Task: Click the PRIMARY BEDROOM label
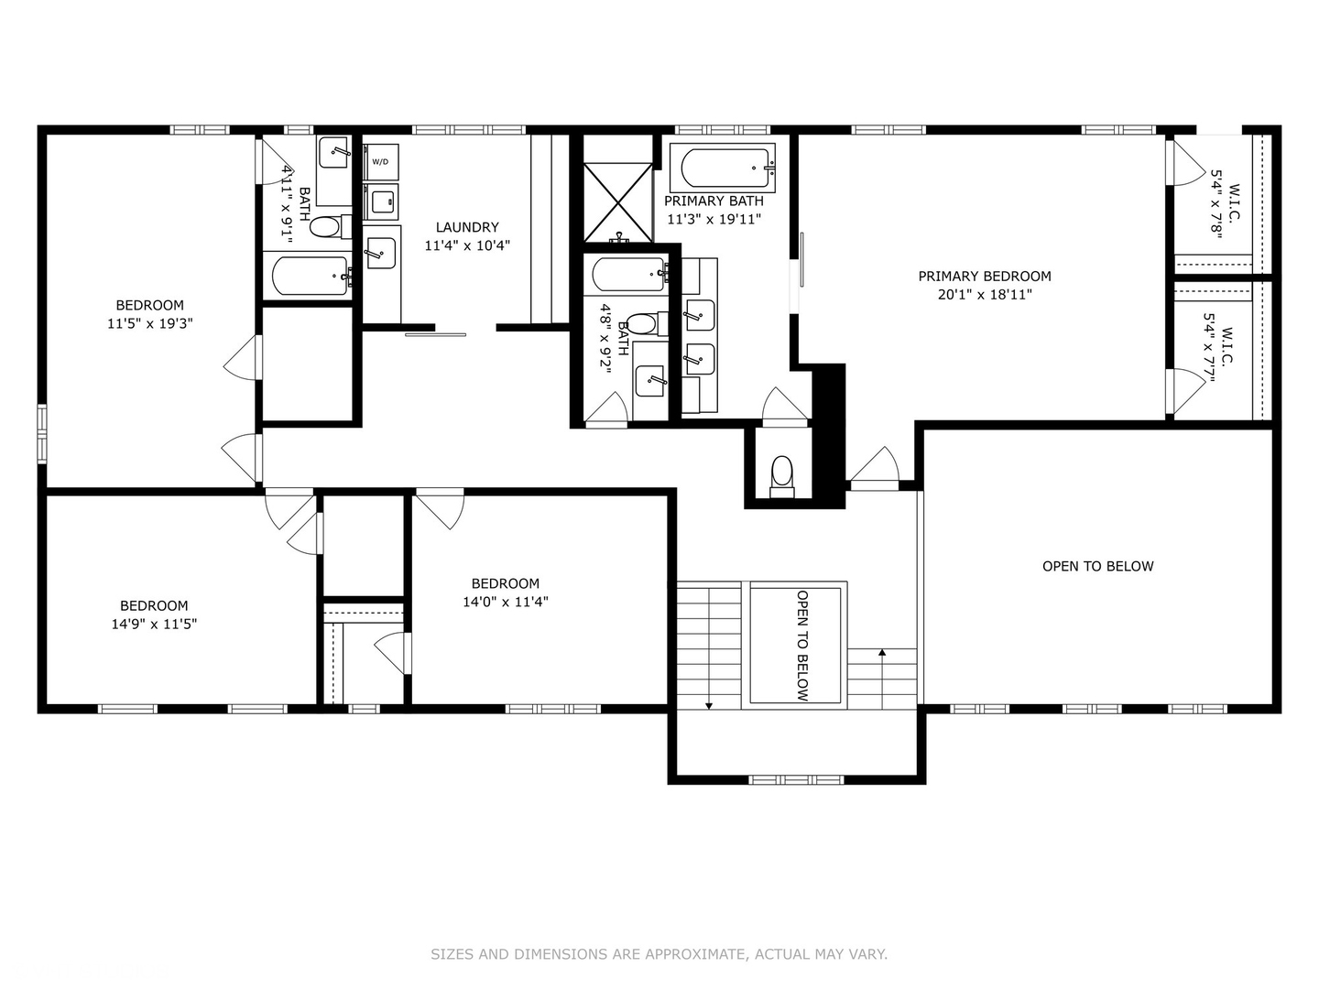[x=985, y=276]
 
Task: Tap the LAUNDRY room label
[x=467, y=227]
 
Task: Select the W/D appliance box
[x=380, y=162]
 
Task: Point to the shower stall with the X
[x=618, y=201]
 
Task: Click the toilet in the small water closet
[x=781, y=474]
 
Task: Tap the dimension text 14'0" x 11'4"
[x=505, y=602]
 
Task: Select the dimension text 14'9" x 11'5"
[x=154, y=624]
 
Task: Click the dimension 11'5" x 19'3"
[x=149, y=323]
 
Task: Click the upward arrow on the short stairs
[x=882, y=653]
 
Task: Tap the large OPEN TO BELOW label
[x=1097, y=566]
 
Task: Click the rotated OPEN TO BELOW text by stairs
[x=802, y=646]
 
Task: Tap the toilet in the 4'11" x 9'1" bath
[x=325, y=226]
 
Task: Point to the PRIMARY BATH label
[x=714, y=201]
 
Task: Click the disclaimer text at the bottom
[x=659, y=954]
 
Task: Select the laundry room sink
[x=380, y=252]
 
